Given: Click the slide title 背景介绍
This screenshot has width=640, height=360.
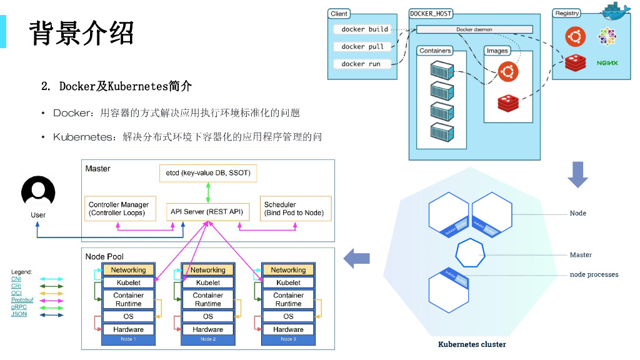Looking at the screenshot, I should click(x=81, y=32).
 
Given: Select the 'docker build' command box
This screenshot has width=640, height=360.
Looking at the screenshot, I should click(x=365, y=29).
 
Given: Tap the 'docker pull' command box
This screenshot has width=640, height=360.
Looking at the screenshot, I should click(x=365, y=46).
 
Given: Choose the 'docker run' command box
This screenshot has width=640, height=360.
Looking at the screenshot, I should click(x=365, y=64).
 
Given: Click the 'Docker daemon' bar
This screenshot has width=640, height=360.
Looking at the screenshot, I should click(x=474, y=29).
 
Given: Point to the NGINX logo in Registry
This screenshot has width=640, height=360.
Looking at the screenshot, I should click(x=607, y=63).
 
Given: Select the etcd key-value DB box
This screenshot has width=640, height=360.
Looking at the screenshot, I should click(x=208, y=172).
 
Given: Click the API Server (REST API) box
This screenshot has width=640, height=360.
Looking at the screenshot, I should click(x=207, y=212).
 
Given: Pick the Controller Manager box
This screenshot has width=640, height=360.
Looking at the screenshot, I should click(x=119, y=209).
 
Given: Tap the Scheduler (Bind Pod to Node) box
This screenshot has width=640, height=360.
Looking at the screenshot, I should click(x=294, y=209).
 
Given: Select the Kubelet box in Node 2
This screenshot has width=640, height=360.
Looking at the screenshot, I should click(x=207, y=282).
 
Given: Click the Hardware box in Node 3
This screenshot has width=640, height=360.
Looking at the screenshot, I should click(x=288, y=329).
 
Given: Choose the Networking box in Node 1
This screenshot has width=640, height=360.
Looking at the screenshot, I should click(x=128, y=270).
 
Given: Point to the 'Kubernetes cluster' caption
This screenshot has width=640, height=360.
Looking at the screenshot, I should click(x=472, y=344).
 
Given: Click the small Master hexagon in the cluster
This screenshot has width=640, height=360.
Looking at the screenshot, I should click(x=471, y=254).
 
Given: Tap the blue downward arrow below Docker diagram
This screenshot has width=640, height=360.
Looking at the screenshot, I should click(x=577, y=174).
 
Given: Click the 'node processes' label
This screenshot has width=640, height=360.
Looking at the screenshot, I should click(x=594, y=274).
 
